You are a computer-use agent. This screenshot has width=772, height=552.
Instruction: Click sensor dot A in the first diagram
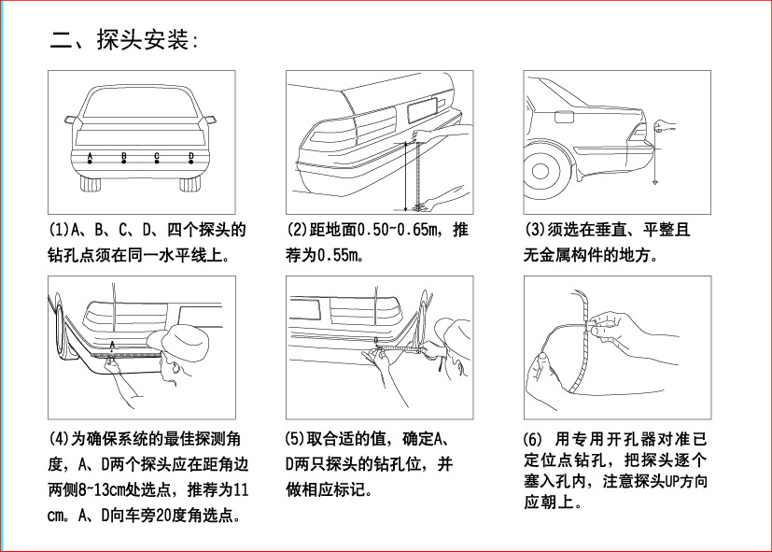coord(90,163)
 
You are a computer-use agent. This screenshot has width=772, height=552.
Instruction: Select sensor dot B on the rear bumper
coord(123,163)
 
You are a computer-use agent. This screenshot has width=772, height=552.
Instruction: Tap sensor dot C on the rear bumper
coord(157,163)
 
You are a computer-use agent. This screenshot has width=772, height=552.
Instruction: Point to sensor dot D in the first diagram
coord(191,163)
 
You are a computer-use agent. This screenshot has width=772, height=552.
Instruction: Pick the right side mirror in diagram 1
coord(210,120)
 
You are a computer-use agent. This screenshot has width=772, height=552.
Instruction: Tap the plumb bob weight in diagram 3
coord(657,183)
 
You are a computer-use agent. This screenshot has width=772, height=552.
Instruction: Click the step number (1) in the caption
coord(59,230)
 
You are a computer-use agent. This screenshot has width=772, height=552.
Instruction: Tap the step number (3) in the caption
coord(534,230)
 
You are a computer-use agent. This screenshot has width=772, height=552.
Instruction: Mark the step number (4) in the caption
coord(59,438)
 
